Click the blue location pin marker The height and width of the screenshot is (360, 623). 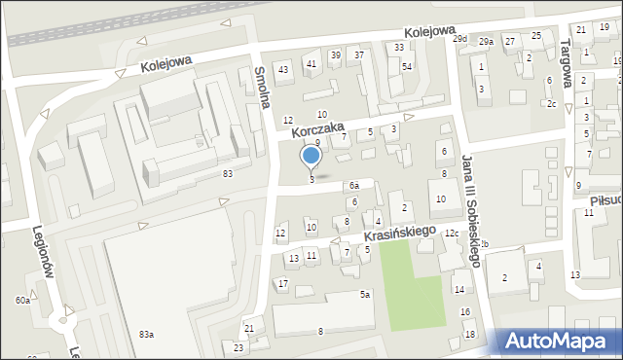click(x=311, y=156)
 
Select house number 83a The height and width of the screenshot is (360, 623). click(x=146, y=335)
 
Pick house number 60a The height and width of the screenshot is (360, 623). click(x=22, y=301)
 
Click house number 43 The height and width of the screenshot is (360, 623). click(x=283, y=69)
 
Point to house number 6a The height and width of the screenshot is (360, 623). click(x=355, y=185)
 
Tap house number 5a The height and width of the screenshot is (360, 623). click(x=365, y=294)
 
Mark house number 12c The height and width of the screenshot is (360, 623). click(x=452, y=234)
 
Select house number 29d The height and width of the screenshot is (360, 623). click(x=460, y=39)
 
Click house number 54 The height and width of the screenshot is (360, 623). click(x=407, y=66)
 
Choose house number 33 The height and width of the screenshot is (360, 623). click(x=399, y=47)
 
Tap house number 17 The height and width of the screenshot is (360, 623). click(x=282, y=283)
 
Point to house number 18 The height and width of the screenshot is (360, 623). click(x=470, y=335)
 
